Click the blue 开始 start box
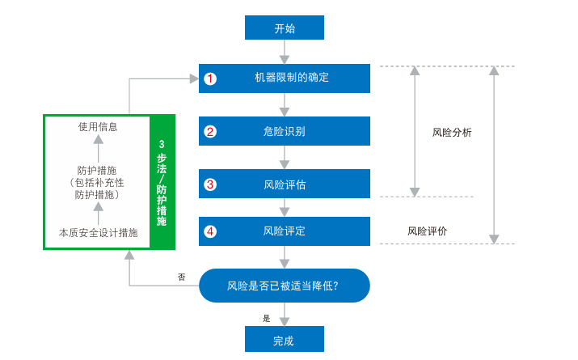pos(285,28)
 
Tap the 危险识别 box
pos(285,131)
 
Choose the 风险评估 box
pos(285,184)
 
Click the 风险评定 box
pos(285,231)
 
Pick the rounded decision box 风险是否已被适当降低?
pos(285,286)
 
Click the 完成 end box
pos(285,340)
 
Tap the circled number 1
pos(210,79)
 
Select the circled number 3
pos(210,184)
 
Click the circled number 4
pos(210,231)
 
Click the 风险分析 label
pos(452,132)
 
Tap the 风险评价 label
pos(427,231)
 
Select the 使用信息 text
pos(98,126)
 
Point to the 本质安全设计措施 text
pos(98,233)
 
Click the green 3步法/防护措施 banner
pos(162,182)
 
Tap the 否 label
pos(181,277)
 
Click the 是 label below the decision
pos(267,318)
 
